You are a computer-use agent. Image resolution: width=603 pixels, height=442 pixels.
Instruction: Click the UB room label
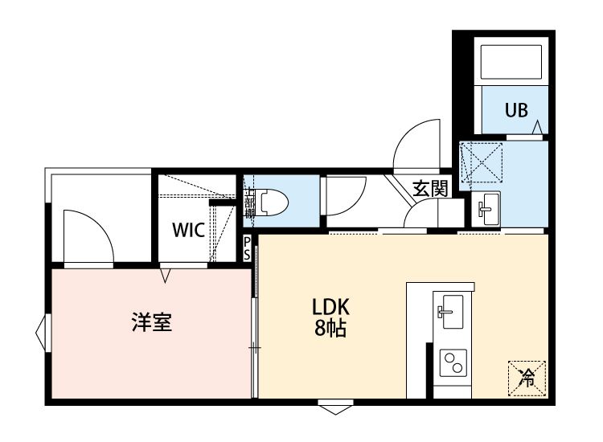coord(516,111)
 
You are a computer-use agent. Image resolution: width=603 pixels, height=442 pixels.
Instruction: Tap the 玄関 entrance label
coord(430,190)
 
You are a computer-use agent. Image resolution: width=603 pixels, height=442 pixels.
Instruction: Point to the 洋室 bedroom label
coord(152,323)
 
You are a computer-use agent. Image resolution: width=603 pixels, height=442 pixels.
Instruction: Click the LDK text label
coord(330,308)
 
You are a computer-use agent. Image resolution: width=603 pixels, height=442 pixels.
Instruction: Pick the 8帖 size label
coord(330,329)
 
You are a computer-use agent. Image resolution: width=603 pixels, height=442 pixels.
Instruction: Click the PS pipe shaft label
coord(248,248)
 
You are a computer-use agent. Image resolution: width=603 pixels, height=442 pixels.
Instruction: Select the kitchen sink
coord(449,309)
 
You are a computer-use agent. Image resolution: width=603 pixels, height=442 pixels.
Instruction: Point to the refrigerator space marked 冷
coord(527,376)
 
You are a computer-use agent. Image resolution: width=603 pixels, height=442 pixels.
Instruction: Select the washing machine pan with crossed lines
coord(480,165)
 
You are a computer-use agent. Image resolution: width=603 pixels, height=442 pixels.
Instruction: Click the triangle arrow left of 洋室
coord(42,329)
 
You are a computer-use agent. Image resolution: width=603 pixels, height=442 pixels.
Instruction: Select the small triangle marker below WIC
coord(166,276)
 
